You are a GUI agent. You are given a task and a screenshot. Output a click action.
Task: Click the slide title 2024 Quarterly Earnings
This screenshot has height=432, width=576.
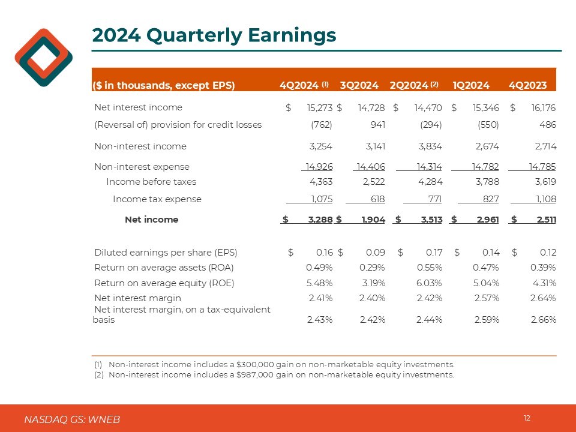(214, 35)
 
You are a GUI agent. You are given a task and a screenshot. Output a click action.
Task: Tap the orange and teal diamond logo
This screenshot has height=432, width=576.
(44, 58)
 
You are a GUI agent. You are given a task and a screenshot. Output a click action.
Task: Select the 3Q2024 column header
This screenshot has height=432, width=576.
(359, 85)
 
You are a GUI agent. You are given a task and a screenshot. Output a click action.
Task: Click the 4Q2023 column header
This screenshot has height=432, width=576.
(527, 85)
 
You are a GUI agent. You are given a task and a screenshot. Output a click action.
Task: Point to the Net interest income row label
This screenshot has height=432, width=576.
(138, 108)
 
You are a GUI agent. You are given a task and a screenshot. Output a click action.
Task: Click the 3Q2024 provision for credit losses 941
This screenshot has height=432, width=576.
(377, 125)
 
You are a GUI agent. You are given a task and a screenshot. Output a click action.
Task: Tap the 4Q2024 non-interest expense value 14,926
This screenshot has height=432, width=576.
(318, 167)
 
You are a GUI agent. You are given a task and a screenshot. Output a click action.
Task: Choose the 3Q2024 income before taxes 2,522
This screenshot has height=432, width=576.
(373, 181)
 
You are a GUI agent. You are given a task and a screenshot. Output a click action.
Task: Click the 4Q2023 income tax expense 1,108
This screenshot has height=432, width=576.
(543, 199)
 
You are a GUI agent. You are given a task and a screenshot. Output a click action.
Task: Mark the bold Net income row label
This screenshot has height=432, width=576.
(151, 220)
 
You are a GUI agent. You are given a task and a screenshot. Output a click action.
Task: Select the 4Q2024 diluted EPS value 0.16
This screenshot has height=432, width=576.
(323, 253)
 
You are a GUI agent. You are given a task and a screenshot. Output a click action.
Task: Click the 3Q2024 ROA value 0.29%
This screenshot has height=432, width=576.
(372, 268)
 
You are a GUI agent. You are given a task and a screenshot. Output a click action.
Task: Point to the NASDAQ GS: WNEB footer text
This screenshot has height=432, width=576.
(72, 419)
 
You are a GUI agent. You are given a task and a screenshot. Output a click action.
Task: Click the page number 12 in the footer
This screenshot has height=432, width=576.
(527, 418)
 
